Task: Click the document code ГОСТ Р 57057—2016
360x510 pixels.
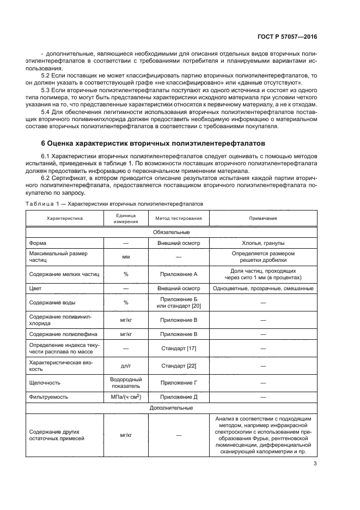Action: click(x=287, y=37)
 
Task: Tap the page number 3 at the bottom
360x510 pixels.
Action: click(x=315, y=465)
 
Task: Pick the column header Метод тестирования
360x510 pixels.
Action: click(x=179, y=218)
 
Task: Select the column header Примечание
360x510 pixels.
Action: click(x=263, y=218)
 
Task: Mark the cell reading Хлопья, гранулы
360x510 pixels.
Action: click(x=263, y=243)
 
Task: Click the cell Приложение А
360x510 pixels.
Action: click(x=179, y=274)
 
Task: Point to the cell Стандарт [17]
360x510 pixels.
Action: click(x=179, y=348)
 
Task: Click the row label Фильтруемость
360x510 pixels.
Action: click(x=49, y=397)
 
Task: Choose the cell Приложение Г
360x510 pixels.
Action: click(x=179, y=382)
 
